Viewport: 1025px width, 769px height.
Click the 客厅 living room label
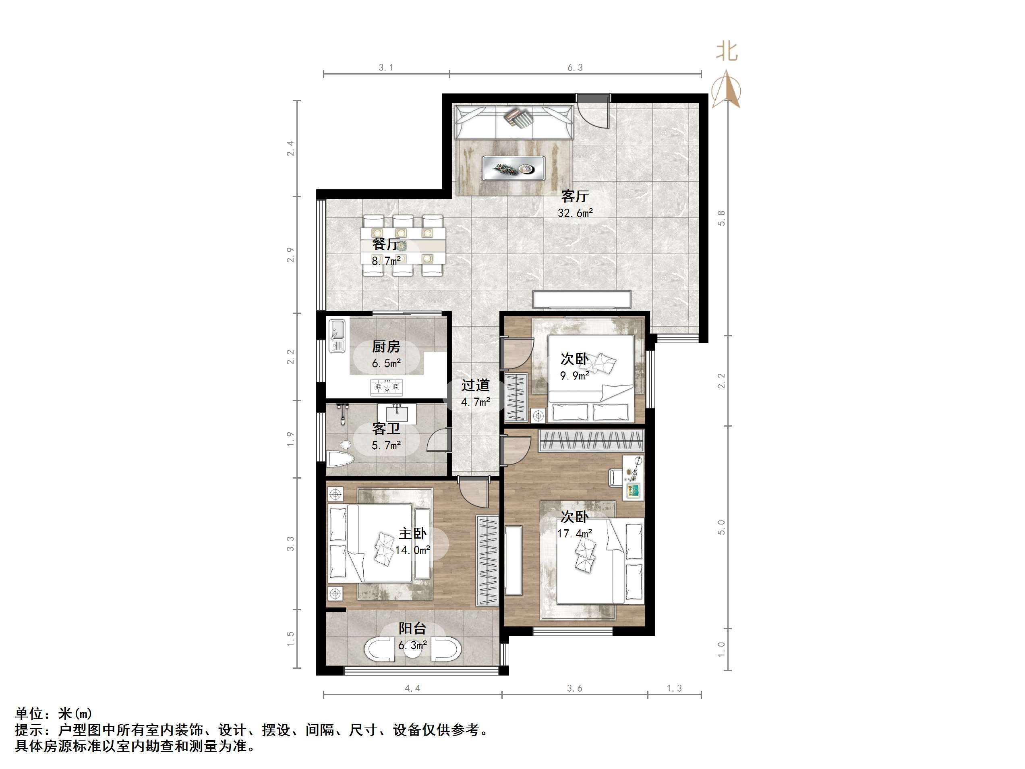pos(575,196)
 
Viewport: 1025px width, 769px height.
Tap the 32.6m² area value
pos(575,213)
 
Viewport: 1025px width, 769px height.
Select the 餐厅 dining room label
pos(386,244)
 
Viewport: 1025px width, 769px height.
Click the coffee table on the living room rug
pos(514,168)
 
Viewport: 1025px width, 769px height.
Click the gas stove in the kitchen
pos(386,387)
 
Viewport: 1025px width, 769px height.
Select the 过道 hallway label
pos(475,385)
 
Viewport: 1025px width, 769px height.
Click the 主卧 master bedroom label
pos(412,533)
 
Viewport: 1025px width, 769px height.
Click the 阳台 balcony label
pos(412,628)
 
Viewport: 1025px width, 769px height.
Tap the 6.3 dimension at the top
pos(575,68)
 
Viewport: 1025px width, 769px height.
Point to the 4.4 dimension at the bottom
pos(412,688)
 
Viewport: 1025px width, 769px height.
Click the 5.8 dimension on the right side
pos(721,218)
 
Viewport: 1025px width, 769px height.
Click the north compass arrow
pos(726,89)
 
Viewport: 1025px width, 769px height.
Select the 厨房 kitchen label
pos(386,346)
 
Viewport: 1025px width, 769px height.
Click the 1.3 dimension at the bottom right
pos(674,688)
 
